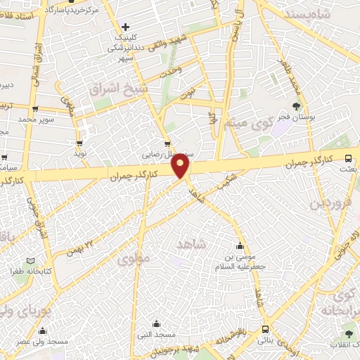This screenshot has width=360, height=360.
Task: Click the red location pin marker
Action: [x=181, y=165]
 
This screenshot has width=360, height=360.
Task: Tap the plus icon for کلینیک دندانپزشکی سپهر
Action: [x=125, y=27]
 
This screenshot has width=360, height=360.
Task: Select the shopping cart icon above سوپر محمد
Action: [x=35, y=109]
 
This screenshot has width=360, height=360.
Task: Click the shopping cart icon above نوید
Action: [x=79, y=142]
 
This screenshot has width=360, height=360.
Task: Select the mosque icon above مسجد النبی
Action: [x=156, y=324]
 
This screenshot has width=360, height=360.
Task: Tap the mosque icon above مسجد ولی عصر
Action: [x=42, y=330]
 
